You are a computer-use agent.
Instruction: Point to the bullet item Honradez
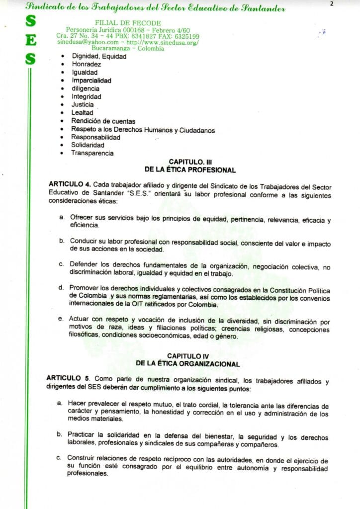coord(86,65)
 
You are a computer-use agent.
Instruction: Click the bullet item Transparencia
coord(92,153)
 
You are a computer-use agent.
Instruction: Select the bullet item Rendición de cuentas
coord(103,121)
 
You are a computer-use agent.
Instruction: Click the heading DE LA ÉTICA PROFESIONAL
coord(190,170)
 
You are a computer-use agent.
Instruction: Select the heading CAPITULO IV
coord(188,356)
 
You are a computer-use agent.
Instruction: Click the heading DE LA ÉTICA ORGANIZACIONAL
coord(188,364)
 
